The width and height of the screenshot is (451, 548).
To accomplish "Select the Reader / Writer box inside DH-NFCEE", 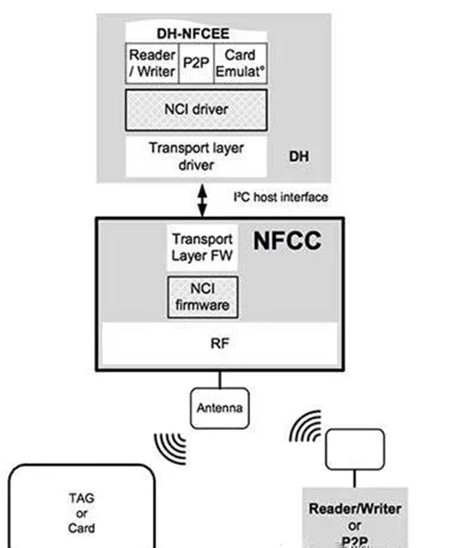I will (152, 63).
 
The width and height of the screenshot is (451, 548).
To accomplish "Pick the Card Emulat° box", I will (241, 63).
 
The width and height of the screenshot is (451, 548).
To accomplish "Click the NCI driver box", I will (196, 110).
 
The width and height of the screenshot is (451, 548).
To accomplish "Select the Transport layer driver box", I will (196, 156).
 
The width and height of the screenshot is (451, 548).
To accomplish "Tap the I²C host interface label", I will (280, 197).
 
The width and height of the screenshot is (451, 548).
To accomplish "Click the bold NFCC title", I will (287, 241).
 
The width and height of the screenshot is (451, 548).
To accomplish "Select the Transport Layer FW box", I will (202, 247).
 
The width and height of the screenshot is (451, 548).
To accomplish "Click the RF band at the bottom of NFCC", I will (220, 344).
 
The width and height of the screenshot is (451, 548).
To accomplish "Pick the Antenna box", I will (219, 408).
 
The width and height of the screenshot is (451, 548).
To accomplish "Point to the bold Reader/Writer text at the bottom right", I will (355, 509).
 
